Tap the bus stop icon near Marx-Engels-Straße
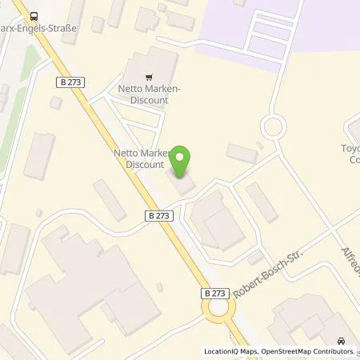click(x=34, y=16)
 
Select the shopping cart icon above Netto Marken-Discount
click(x=146, y=78)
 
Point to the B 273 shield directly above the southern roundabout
click(x=214, y=294)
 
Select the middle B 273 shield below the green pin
click(x=158, y=215)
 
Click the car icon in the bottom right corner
click(x=342, y=341)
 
